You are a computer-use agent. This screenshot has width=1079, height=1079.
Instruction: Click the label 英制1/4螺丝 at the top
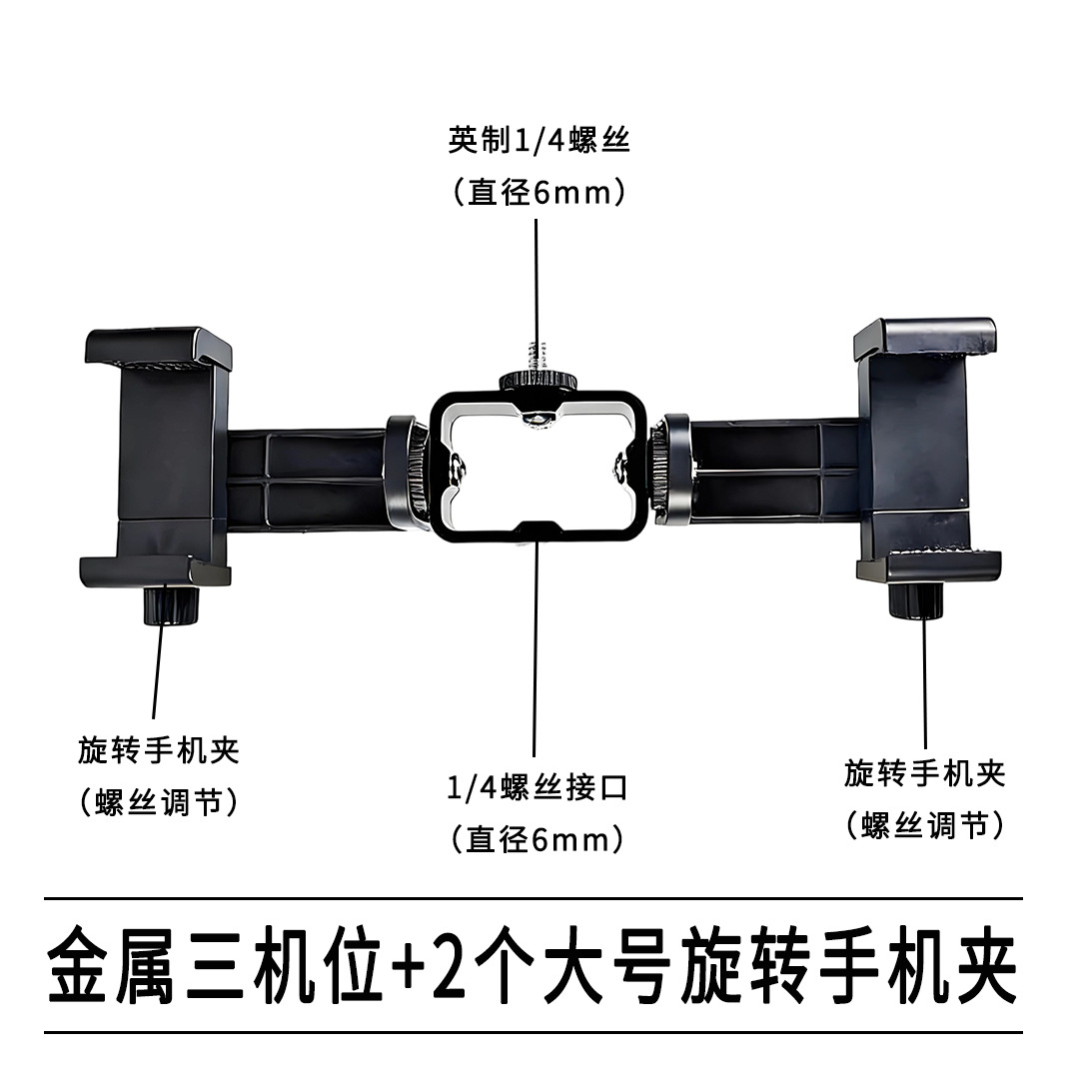(x=539, y=141)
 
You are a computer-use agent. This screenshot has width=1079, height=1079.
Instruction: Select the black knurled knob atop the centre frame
(x=537, y=381)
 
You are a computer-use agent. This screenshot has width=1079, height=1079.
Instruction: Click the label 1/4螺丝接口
(x=539, y=788)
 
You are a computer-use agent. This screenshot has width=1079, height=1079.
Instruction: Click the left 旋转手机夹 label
(x=159, y=750)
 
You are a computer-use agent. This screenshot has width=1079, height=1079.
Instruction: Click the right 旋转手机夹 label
(x=924, y=772)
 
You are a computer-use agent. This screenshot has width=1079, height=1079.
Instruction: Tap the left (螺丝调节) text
(x=159, y=802)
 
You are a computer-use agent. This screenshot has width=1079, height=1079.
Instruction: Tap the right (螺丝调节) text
(x=924, y=825)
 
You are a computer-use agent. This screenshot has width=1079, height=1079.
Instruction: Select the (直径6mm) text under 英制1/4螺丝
(x=539, y=192)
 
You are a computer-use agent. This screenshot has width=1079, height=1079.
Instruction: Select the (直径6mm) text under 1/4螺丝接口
(x=539, y=839)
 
